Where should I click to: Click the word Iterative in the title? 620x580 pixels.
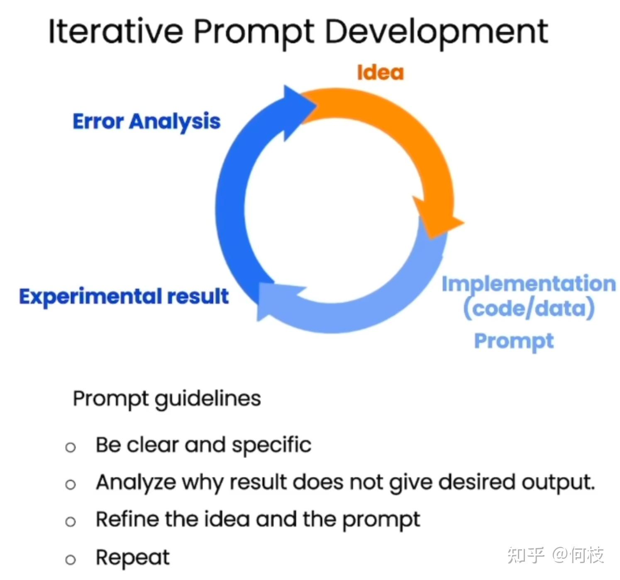click(x=116, y=31)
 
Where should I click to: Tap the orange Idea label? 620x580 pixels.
click(x=380, y=73)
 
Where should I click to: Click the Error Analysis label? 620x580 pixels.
click(x=146, y=122)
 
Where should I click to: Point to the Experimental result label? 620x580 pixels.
click(x=124, y=297)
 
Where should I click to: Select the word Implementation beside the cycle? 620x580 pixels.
click(x=529, y=285)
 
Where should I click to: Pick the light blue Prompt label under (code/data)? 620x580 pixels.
click(x=514, y=341)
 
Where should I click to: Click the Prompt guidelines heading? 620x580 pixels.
click(x=167, y=399)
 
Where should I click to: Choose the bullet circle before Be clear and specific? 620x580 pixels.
click(x=71, y=447)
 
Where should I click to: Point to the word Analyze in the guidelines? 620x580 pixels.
click(x=136, y=483)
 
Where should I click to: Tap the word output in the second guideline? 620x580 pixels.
click(x=559, y=483)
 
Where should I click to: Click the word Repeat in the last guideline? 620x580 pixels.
click(x=133, y=558)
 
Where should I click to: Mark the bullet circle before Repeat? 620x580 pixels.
click(x=71, y=560)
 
